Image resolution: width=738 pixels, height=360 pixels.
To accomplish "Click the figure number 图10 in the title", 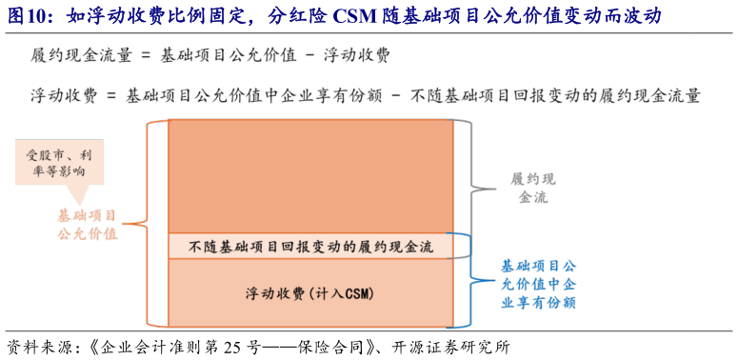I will (29, 16).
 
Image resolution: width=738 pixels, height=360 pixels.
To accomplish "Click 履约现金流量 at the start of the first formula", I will (76, 55).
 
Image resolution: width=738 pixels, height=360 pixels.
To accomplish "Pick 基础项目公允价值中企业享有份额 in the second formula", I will (249, 95).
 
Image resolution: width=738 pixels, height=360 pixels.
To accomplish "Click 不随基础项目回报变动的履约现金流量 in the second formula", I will (554, 95).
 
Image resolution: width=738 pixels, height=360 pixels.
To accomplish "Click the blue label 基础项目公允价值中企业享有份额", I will (539, 283).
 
